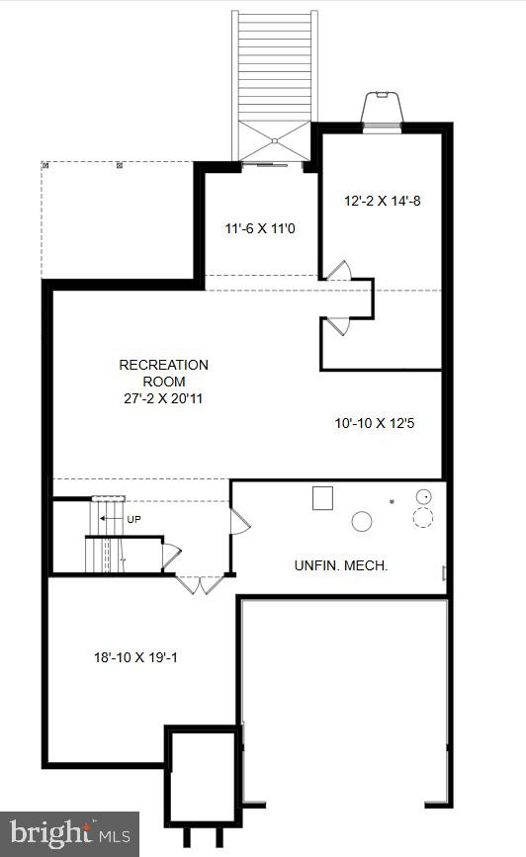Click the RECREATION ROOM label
(x=163, y=373)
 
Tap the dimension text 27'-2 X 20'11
(x=163, y=398)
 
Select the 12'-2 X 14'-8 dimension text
(x=383, y=201)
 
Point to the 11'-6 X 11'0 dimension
(x=260, y=228)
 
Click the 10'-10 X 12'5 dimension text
(x=375, y=422)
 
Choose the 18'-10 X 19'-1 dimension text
(x=135, y=657)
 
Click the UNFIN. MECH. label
(x=341, y=565)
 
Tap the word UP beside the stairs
(x=133, y=519)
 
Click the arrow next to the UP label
(x=111, y=518)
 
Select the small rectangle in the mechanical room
(x=322, y=498)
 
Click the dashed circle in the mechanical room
(x=422, y=517)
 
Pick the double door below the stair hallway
(x=200, y=584)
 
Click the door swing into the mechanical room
(x=239, y=522)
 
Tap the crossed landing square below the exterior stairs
(x=275, y=141)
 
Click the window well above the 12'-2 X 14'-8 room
(x=382, y=111)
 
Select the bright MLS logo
(x=69, y=834)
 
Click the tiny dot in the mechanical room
(x=392, y=500)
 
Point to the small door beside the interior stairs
(x=171, y=557)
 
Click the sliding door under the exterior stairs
(x=265, y=163)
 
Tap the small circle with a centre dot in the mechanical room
(x=424, y=497)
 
